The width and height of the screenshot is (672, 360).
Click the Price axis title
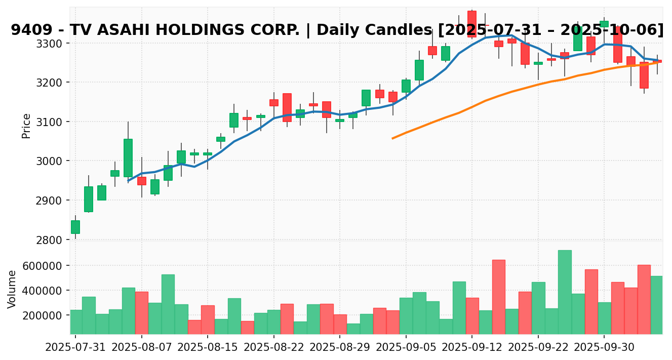click(x=26, y=126)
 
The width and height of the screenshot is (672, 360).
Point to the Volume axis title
click(x=12, y=289)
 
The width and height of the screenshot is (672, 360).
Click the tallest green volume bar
click(x=565, y=292)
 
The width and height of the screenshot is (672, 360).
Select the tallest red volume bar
click(x=498, y=297)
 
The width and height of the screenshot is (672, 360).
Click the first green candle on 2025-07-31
click(x=75, y=227)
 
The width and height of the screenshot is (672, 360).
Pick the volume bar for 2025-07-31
click(x=76, y=322)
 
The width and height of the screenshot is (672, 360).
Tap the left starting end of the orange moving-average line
click(x=392, y=138)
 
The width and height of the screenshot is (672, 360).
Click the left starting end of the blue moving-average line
click(x=128, y=181)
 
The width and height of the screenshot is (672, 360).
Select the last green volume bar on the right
click(x=656, y=305)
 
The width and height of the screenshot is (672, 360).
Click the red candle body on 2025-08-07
click(x=142, y=181)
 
